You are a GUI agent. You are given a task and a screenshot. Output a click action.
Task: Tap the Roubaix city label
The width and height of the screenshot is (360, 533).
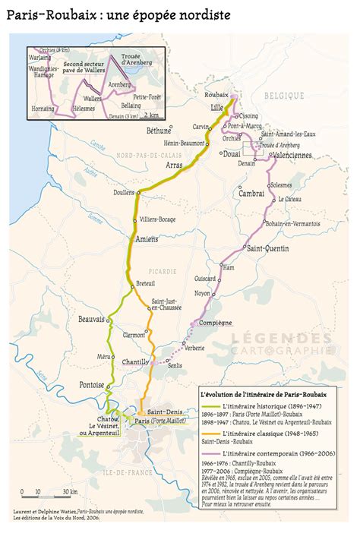216,93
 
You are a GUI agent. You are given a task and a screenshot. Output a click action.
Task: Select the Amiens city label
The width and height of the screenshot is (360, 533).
146,239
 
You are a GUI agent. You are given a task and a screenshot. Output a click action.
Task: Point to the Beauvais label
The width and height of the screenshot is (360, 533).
91,320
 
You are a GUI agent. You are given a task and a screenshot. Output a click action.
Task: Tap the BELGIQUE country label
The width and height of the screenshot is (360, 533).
284,96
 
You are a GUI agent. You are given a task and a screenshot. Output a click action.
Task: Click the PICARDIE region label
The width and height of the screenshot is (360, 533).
163,270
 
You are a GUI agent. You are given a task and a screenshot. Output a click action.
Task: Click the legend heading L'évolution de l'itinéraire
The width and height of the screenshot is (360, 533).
263,395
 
